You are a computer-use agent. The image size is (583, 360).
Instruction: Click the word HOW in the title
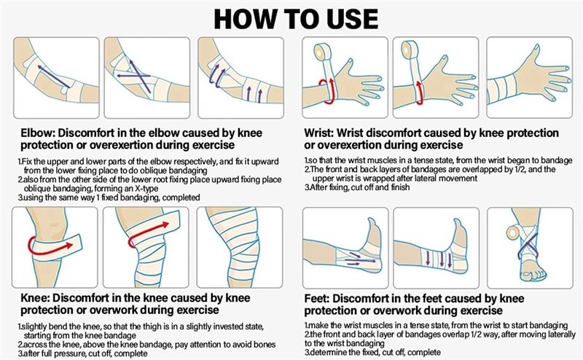point(245,19)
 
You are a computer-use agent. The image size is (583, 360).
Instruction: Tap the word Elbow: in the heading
point(38,133)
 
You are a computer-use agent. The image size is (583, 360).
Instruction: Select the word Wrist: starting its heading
point(318,133)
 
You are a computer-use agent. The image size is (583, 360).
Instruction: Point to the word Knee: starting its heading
point(35,298)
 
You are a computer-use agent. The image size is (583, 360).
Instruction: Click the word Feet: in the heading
point(317,298)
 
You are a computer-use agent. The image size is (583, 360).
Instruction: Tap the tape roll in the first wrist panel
point(321,51)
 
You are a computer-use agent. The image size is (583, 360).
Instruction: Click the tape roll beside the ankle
point(515,234)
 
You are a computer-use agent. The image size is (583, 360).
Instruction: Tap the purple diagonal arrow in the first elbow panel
point(53,77)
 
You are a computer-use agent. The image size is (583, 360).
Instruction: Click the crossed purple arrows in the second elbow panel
point(136,76)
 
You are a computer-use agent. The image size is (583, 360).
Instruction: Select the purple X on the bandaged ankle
point(527,246)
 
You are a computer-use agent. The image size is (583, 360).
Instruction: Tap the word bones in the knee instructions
point(265,345)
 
